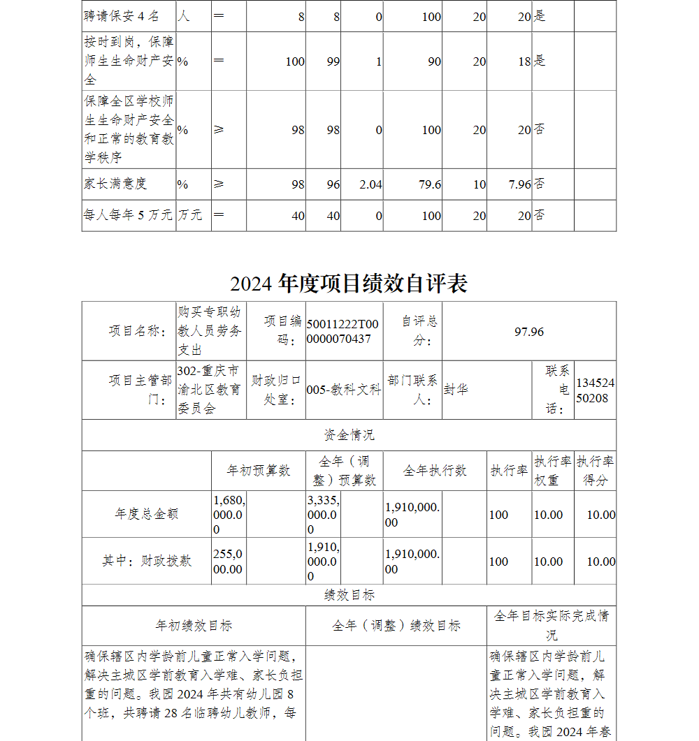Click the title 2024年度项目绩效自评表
pos(349,284)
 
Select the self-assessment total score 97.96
pos(528,332)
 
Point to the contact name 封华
pos(456,390)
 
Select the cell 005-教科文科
pos(344,390)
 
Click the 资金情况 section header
pos(349,435)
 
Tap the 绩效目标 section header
pos(349,595)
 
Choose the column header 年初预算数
pos(258,471)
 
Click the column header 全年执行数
pos(434,471)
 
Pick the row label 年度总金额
pos(147,514)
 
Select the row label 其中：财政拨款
pos(147,561)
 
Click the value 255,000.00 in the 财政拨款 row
pos(228,562)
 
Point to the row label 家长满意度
pos(115,184)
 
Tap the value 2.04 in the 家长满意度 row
pos(370,184)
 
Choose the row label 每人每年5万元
pos(127,215)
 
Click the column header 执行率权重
pos(552,471)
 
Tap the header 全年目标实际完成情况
pos(551,625)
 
